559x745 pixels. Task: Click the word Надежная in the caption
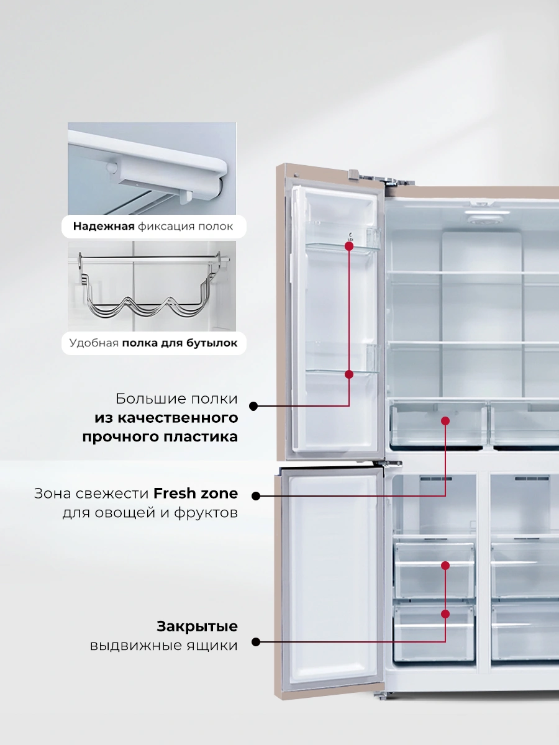pyautogui.click(x=104, y=227)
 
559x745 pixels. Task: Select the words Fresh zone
pyautogui.click(x=196, y=494)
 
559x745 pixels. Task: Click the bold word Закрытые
pyautogui.click(x=197, y=627)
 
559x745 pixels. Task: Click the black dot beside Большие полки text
pyautogui.click(x=253, y=406)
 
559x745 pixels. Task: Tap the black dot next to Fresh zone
pyautogui.click(x=256, y=496)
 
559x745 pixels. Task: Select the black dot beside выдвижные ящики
pyautogui.click(x=256, y=642)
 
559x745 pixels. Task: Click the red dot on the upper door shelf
pyautogui.click(x=349, y=246)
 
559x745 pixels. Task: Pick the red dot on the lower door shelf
pyautogui.click(x=349, y=374)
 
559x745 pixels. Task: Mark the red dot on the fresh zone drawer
pyautogui.click(x=445, y=421)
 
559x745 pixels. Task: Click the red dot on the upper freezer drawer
pyautogui.click(x=445, y=566)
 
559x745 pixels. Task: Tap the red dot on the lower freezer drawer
pyautogui.click(x=445, y=614)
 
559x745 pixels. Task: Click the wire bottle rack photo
pyautogui.click(x=152, y=286)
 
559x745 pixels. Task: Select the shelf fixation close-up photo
pyautogui.click(x=152, y=168)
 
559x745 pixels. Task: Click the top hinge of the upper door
pyautogui.click(x=380, y=178)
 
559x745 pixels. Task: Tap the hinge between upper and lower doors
pyautogui.click(x=387, y=464)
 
